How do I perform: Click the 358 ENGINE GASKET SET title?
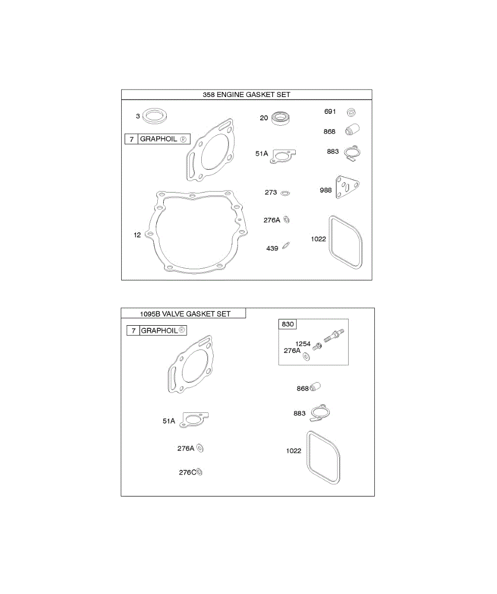tap(246, 95)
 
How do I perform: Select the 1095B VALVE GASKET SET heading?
tap(185, 313)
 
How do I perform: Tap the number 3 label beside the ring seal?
tap(137, 116)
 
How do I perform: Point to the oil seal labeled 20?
tap(282, 118)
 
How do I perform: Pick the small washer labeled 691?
tap(352, 111)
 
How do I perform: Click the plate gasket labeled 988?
tap(346, 187)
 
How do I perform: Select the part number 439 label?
tap(272, 248)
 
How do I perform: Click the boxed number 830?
tap(288, 324)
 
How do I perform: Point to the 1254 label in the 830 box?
tap(303, 344)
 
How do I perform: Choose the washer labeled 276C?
tap(199, 472)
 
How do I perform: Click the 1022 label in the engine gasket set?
tap(318, 239)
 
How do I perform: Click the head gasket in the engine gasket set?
tap(211, 150)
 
